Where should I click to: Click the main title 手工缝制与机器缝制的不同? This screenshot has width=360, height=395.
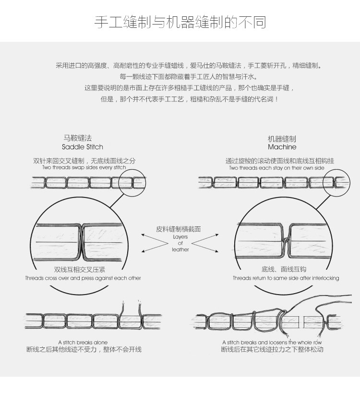coord(180,23)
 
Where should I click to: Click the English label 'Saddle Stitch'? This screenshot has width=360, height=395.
coord(83,147)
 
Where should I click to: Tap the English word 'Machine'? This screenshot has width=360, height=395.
coord(282,147)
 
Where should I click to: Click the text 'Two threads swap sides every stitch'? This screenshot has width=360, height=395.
coord(84,168)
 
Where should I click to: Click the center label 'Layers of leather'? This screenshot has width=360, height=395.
coord(180,243)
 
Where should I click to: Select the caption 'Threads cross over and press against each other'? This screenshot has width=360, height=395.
coord(83,278)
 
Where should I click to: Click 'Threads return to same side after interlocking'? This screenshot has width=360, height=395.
coord(286,278)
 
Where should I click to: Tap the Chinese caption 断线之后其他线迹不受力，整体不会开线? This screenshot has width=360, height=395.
coord(84,349)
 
